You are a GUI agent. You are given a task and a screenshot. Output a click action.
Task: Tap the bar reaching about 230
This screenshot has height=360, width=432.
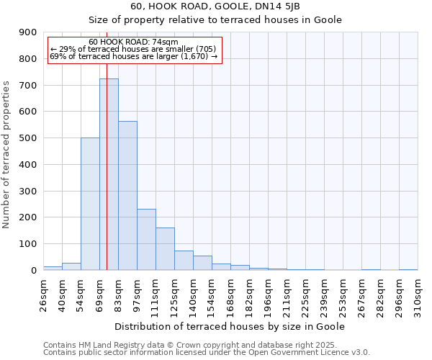pos(146,240)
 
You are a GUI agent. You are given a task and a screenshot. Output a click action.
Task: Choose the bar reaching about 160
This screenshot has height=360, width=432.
pos(165,249)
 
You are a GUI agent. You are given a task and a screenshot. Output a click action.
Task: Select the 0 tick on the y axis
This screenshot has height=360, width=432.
pos(33,271)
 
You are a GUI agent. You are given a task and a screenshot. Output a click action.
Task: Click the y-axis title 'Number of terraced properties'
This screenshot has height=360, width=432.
pos(6,155)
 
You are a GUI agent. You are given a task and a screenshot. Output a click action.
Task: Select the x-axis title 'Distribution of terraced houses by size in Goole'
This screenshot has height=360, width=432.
pos(230,326)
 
